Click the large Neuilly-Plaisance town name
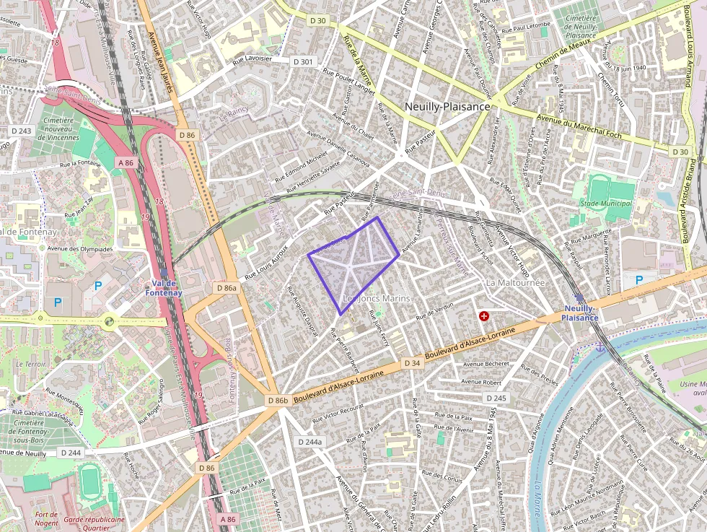pyautogui.click(x=447, y=106)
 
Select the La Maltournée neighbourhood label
pyautogui.click(x=515, y=282)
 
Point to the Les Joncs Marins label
pyautogui.click(x=376, y=298)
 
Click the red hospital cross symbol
pyautogui.click(x=484, y=316)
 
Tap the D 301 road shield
pyautogui.click(x=304, y=62)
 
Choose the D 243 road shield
pyautogui.click(x=22, y=131)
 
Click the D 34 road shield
pyautogui.click(x=412, y=362)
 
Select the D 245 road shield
pyautogui.click(x=496, y=398)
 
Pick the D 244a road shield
pyautogui.click(x=311, y=442)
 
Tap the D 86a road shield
pyautogui.click(x=227, y=288)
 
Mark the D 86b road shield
pyautogui.click(x=278, y=400)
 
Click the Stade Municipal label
pyautogui.click(x=610, y=204)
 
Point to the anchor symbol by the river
pyautogui.click(x=599, y=348)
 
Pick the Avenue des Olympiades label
pyautogui.click(x=80, y=249)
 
